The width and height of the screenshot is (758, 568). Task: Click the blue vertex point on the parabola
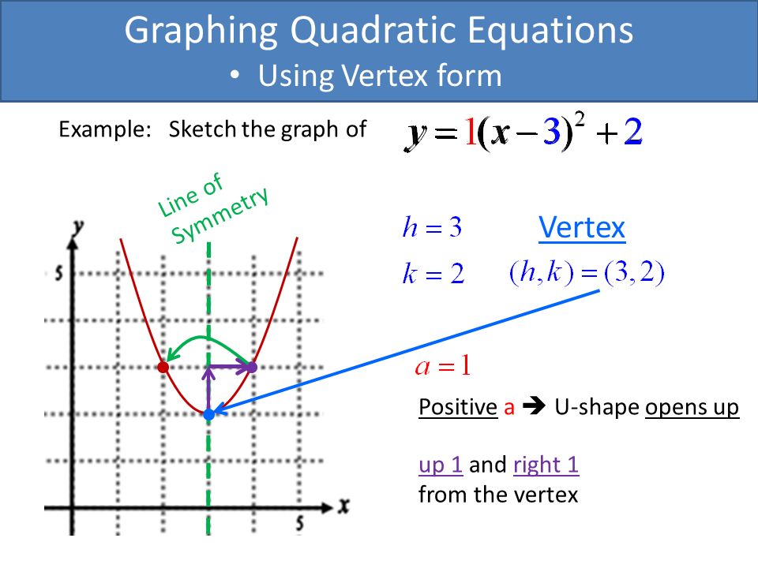point(208,414)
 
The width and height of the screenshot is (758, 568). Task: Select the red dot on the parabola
point(163,367)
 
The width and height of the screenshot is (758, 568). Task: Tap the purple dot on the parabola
point(252,367)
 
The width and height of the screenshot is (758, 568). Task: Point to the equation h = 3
point(432,227)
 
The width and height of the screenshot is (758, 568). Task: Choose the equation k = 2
point(433,274)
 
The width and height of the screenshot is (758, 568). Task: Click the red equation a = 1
point(443,365)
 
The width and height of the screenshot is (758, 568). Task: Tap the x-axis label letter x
point(343,506)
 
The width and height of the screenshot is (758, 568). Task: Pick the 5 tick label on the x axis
point(300,524)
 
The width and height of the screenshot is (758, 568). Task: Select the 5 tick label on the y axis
point(59,274)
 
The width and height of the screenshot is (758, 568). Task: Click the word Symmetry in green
point(220,215)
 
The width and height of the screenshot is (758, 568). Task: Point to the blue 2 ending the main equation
point(632,132)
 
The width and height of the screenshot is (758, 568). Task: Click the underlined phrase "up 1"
point(441,465)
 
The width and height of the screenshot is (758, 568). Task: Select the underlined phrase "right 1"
point(546,465)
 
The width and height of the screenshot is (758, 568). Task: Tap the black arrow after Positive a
point(535,407)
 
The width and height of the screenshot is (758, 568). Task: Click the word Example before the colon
point(102,129)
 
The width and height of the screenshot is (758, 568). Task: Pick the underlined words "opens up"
point(692,408)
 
